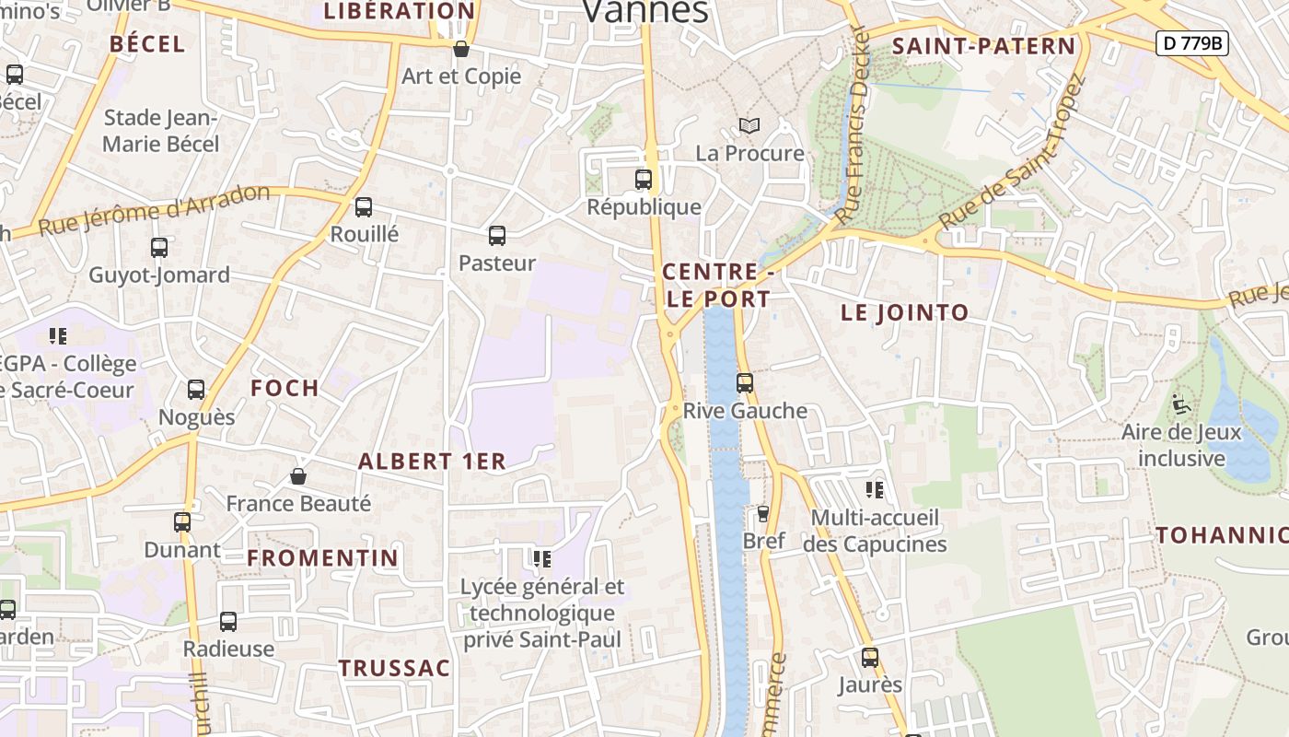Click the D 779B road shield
tap(1192, 42)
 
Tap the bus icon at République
tap(644, 180)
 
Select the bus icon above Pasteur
tap(497, 236)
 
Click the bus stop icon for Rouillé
tap(364, 207)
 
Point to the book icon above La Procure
tap(750, 125)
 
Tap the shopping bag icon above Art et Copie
tap(461, 49)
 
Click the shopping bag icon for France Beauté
tap(298, 476)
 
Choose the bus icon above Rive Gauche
tap(745, 383)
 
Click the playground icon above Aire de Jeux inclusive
tap(1181, 404)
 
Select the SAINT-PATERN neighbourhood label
tap(983, 46)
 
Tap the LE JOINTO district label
tap(904, 312)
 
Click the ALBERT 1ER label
tap(432, 462)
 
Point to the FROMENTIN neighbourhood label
tap(322, 557)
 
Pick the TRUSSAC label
tap(394, 668)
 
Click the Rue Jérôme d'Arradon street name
tap(154, 210)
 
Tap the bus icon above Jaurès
tap(870, 658)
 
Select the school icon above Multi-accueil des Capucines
tap(875, 490)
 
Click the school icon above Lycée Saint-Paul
tap(542, 558)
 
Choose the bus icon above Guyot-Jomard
tap(159, 248)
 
